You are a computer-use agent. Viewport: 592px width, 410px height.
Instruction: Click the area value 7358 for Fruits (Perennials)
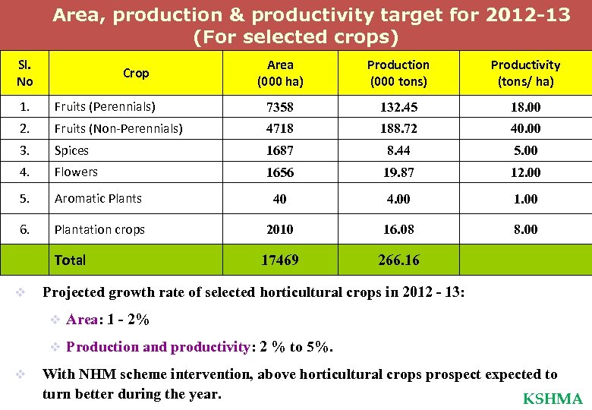tap(280, 107)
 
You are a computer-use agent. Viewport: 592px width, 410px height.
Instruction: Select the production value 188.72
tap(398, 129)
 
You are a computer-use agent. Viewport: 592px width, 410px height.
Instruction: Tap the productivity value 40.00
tap(525, 129)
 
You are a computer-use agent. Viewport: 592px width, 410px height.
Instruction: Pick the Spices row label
tap(71, 151)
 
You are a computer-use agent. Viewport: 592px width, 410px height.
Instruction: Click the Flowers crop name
tap(76, 172)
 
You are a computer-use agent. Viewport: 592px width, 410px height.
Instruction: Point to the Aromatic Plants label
tap(98, 198)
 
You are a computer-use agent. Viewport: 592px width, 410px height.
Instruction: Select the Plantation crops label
tap(99, 229)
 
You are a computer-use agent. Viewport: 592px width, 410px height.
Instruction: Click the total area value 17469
tap(280, 260)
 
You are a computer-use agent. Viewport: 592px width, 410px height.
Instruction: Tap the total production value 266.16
tap(398, 260)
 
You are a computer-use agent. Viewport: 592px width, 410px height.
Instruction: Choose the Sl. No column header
tap(24, 73)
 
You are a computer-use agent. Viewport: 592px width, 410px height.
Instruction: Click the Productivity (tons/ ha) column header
tap(525, 73)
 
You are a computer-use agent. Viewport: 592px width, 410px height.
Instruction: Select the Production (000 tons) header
tap(398, 73)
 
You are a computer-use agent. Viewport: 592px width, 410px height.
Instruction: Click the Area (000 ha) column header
tap(280, 73)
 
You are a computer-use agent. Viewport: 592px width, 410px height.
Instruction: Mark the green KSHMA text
tap(553, 399)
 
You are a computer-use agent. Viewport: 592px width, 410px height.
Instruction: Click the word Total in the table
tap(70, 260)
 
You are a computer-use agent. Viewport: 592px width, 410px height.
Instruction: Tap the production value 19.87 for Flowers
tap(398, 172)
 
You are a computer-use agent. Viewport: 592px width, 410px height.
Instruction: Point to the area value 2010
tap(280, 229)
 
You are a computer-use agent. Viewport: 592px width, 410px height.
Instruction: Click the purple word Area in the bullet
tap(80, 320)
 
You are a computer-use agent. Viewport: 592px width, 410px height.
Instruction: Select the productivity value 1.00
tap(525, 199)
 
